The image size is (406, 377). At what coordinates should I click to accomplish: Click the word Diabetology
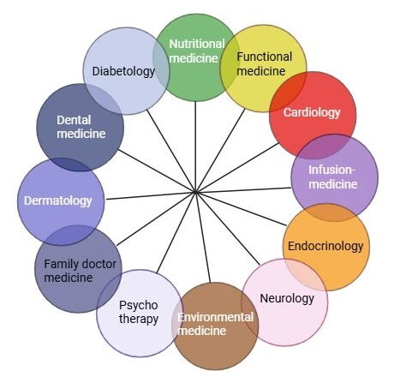pyautogui.click(x=123, y=71)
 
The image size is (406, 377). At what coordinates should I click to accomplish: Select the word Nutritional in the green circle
pyautogui.click(x=197, y=44)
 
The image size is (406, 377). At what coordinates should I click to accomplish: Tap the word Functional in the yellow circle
pyautogui.click(x=264, y=57)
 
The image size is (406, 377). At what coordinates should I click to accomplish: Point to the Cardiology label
pyautogui.click(x=312, y=112)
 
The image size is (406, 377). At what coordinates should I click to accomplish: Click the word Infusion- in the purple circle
pyautogui.click(x=331, y=170)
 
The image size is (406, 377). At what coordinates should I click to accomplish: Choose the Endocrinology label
pyautogui.click(x=325, y=246)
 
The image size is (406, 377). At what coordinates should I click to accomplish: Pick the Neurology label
pyautogui.click(x=287, y=298)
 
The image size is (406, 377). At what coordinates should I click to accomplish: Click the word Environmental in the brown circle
pyautogui.click(x=215, y=317)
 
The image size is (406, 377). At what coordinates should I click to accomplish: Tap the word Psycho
pyautogui.click(x=139, y=305)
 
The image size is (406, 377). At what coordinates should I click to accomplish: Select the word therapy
pyautogui.click(x=139, y=319)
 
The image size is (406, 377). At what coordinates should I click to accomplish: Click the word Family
pyautogui.click(x=60, y=264)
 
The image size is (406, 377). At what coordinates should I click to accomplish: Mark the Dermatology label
pyautogui.click(x=58, y=200)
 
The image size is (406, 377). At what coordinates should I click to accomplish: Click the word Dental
pyautogui.click(x=74, y=120)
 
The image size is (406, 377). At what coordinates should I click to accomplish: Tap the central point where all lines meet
pyautogui.click(x=195, y=193)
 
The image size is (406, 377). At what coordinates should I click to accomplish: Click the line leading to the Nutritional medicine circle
pyautogui.click(x=195, y=147)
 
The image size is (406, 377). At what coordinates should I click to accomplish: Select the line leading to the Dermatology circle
pyautogui.click(x=151, y=195)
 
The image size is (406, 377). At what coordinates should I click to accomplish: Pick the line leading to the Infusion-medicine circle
pyautogui.click(x=243, y=190)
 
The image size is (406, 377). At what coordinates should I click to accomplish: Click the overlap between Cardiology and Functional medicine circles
pyautogui.click(x=288, y=92)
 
